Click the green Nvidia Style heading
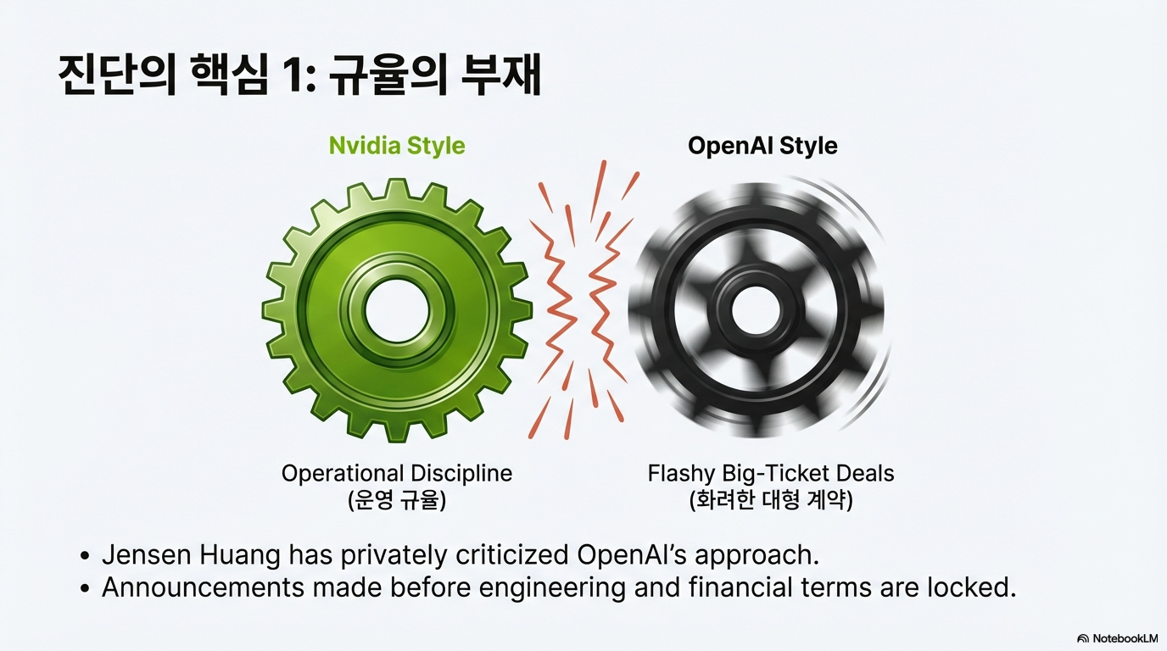397,145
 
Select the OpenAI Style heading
762,145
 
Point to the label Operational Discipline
397,473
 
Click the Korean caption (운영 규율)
397,500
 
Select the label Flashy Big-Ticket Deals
771,473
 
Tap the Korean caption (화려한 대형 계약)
771,500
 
